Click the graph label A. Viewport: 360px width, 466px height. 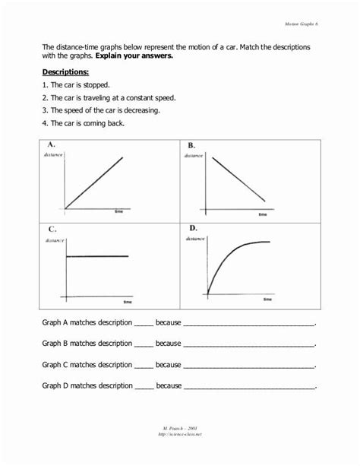tap(50, 145)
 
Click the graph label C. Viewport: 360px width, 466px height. tap(52, 229)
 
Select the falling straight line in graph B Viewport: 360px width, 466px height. tap(238, 179)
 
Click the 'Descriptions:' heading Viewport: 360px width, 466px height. tap(66, 72)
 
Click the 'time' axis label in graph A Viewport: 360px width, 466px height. tap(118, 211)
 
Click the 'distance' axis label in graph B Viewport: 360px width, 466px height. tap(193, 155)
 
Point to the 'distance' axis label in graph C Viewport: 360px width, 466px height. tap(54, 239)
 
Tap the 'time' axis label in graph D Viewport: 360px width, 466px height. tap(267, 300)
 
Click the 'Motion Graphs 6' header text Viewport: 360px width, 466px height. tap(301, 25)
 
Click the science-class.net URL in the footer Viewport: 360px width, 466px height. tap(180, 436)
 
